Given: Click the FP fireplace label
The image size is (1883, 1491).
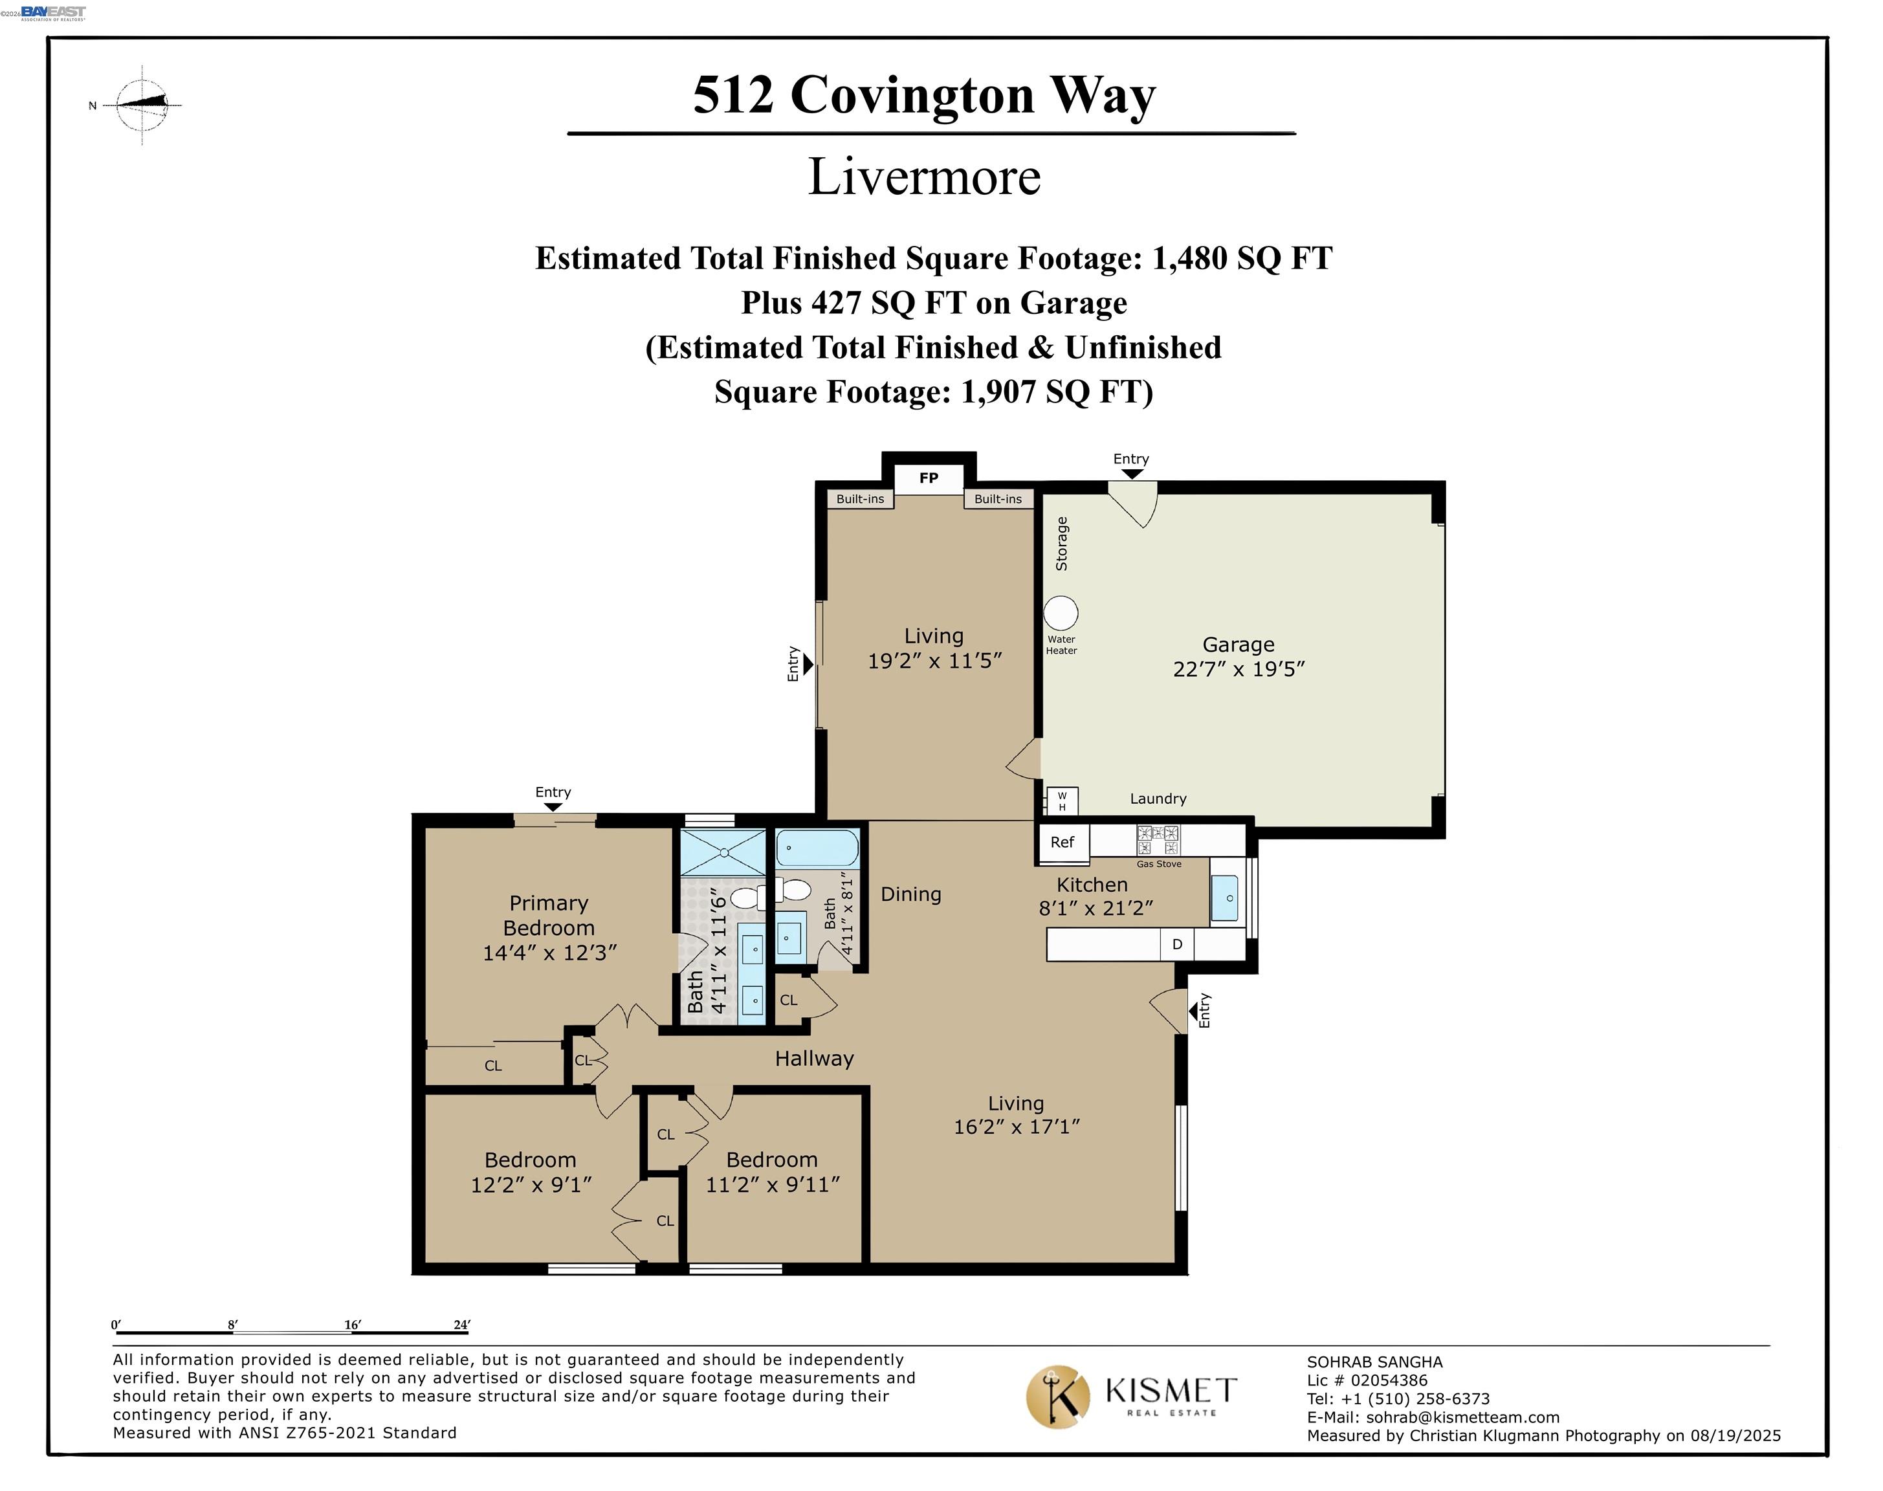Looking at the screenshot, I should click(x=928, y=478).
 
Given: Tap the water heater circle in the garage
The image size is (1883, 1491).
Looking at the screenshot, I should click(x=1061, y=613).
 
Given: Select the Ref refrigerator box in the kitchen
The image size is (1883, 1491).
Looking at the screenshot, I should click(x=1062, y=843).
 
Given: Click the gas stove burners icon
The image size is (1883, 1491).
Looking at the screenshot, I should click(x=1158, y=840).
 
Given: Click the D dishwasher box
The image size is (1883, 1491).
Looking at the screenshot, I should click(x=1177, y=945).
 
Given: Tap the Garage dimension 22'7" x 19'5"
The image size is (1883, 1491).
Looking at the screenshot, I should click(x=1238, y=668).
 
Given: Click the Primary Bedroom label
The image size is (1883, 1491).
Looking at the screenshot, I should click(x=548, y=915).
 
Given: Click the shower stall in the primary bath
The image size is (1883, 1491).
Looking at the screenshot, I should click(x=723, y=852).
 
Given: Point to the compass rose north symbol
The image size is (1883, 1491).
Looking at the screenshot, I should click(x=142, y=105).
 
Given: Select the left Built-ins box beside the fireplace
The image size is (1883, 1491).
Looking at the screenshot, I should click(x=860, y=500).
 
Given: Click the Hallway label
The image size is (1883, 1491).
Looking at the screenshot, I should click(x=813, y=1059).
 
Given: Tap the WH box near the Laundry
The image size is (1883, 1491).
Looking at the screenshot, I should click(x=1062, y=801).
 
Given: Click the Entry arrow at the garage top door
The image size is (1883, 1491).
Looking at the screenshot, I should click(x=1131, y=474).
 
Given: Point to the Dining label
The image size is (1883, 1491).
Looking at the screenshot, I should click(x=910, y=894).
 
